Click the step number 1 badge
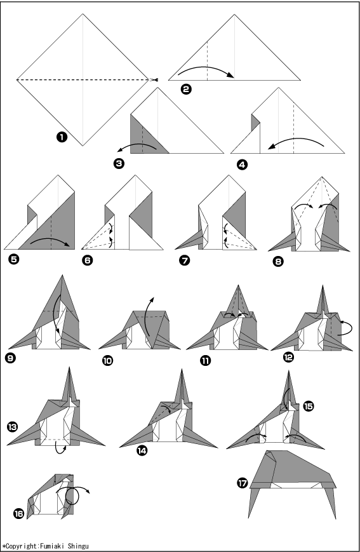[62, 137]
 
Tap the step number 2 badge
[186, 89]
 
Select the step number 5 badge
[15, 259]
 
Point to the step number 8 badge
[277, 261]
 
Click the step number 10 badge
[107, 361]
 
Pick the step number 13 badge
[12, 427]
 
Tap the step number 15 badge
[309, 407]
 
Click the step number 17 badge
[243, 483]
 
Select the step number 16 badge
[18, 514]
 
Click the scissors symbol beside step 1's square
[154, 80]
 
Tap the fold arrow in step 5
[50, 241]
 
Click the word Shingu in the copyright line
[79, 546]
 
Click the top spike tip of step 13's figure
[70, 367]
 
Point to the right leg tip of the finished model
[335, 518]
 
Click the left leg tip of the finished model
[249, 518]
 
